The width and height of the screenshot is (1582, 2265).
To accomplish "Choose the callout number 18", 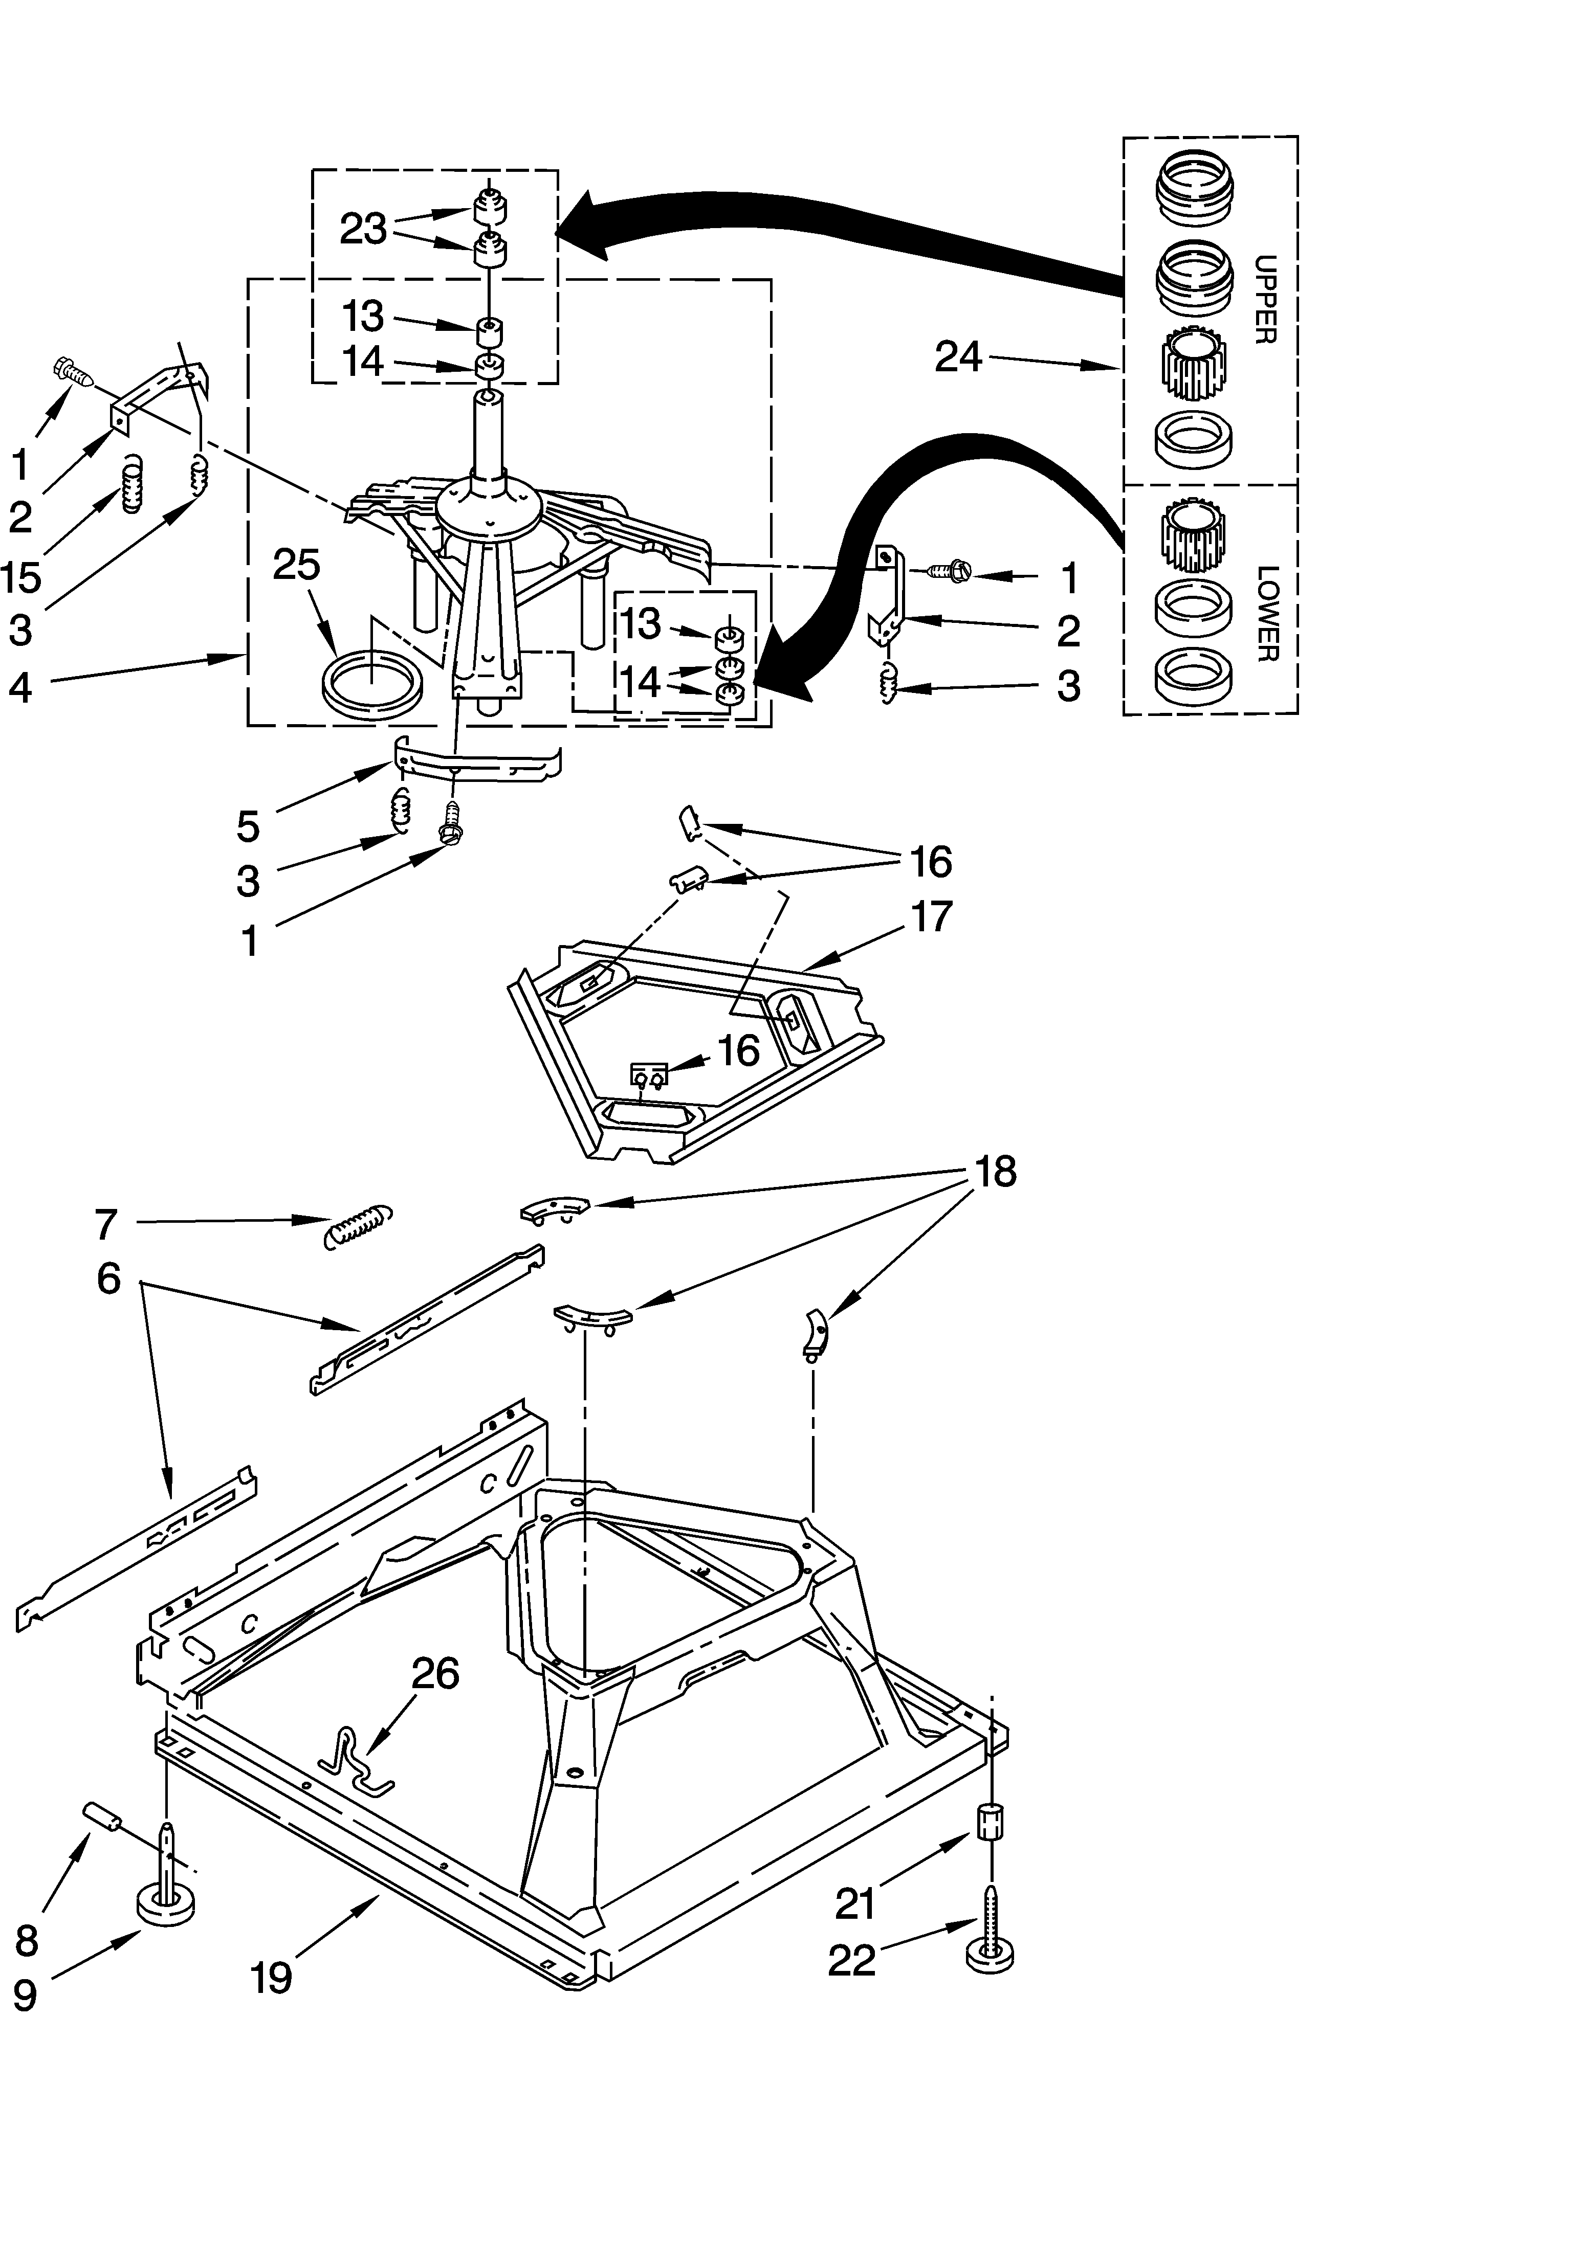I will tap(995, 1171).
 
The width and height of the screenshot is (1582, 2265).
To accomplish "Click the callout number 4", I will tap(21, 687).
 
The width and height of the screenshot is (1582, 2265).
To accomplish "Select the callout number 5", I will tap(248, 826).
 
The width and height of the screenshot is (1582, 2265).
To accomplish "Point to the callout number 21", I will tap(854, 1904).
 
